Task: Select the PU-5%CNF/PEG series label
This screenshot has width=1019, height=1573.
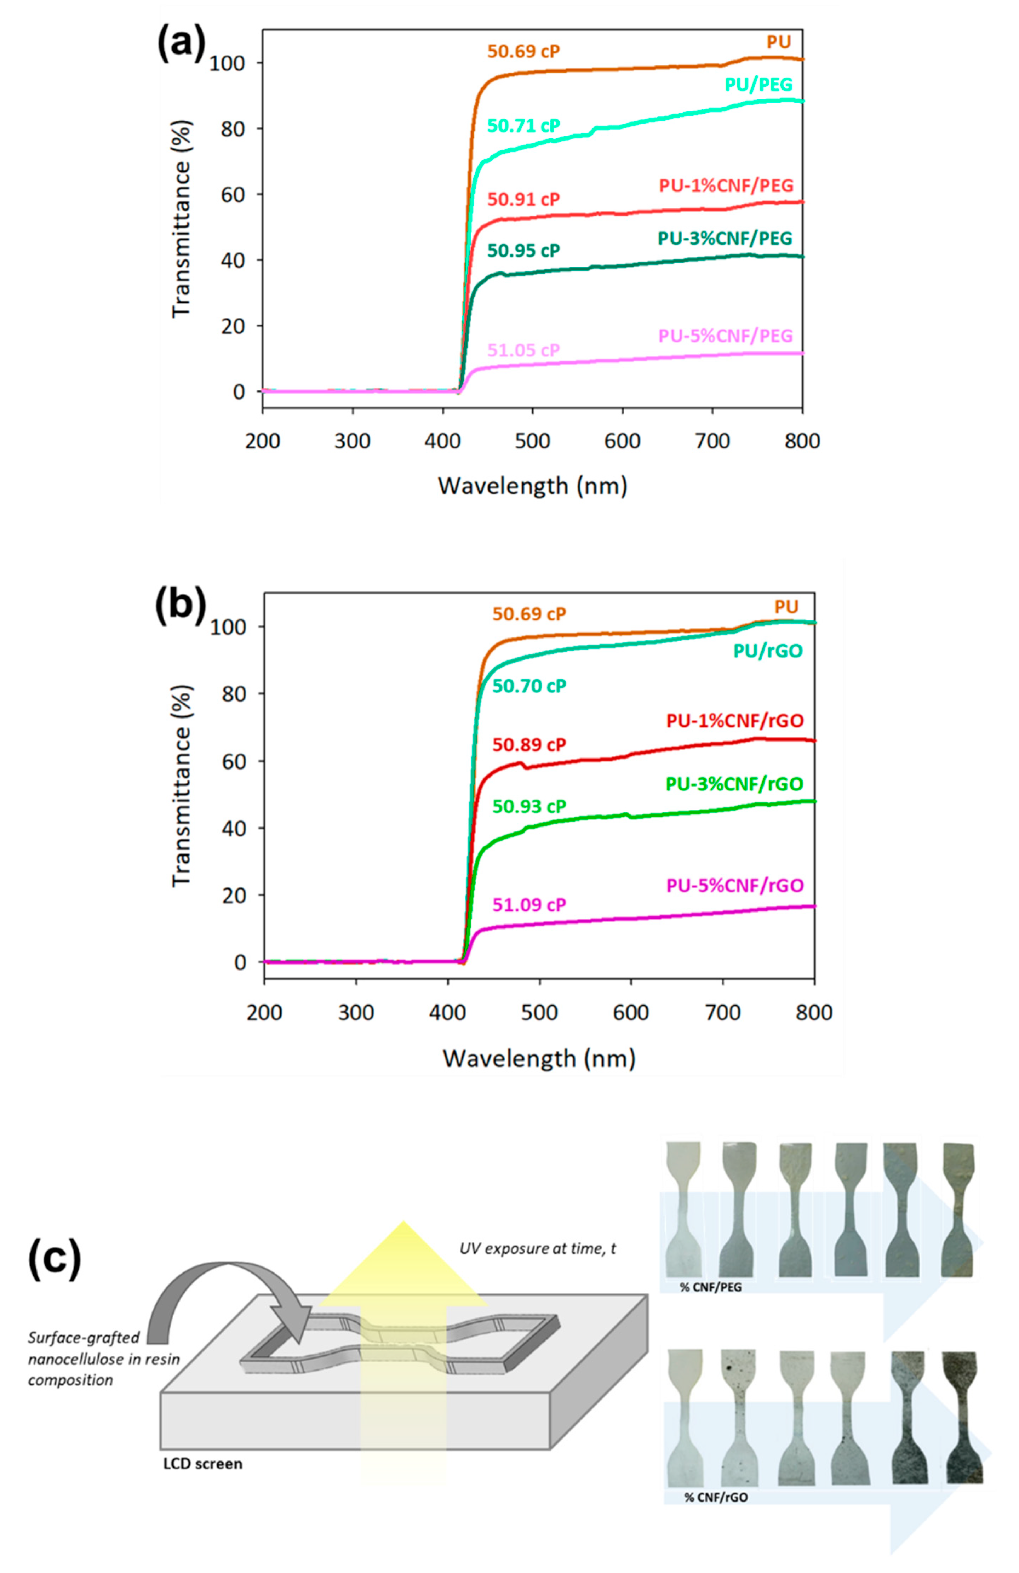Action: coord(725,336)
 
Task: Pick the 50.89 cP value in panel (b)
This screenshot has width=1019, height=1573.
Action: coord(529,745)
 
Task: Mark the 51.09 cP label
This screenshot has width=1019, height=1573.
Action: coord(529,905)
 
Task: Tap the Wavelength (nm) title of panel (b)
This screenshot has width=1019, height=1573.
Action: coord(539,1059)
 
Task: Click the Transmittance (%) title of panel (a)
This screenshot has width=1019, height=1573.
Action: coord(181,218)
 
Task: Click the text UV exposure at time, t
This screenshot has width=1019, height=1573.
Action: coord(537,1248)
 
